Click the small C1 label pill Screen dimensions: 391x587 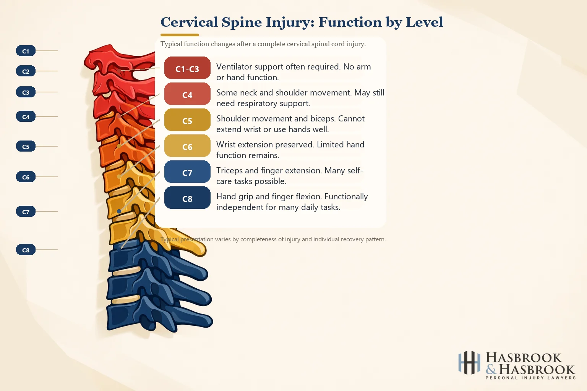pos(26,51)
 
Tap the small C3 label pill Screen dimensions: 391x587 pos(26,92)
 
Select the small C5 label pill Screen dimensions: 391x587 pos(26,146)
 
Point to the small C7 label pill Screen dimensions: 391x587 pos(26,212)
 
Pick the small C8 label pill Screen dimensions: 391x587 pos(26,250)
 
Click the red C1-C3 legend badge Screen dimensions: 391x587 pos(187,68)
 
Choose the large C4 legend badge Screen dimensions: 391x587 pos(187,94)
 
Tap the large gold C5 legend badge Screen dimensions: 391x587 pos(187,120)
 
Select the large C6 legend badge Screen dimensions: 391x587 pos(187,146)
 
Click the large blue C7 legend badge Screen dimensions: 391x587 pos(187,172)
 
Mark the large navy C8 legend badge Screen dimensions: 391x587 pos(187,198)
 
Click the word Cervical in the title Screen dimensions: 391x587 pos(189,22)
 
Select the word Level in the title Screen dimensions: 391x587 pos(424,22)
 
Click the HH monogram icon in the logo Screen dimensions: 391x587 pos(469,362)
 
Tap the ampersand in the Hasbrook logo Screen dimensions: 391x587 pos(491,369)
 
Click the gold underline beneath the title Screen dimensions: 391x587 pos(180,35)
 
